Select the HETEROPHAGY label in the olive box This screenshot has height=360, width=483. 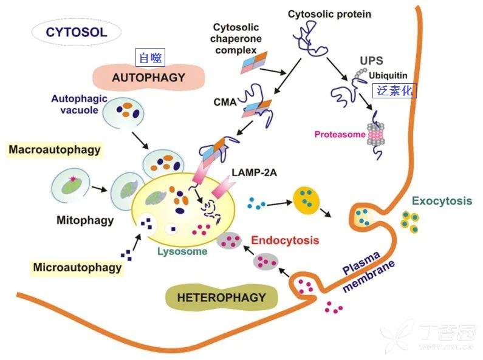(x=221, y=297)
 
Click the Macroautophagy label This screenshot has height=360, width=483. (x=55, y=149)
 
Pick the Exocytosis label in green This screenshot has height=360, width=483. (x=443, y=200)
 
